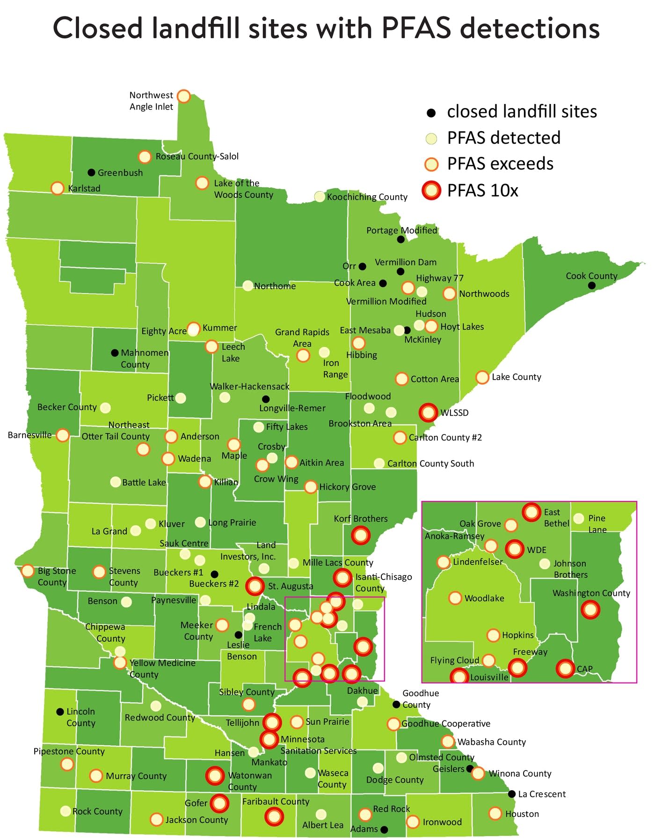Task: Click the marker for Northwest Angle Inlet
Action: coord(184,96)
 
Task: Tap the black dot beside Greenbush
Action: coord(92,173)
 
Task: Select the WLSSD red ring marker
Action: coord(428,412)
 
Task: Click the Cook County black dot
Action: coord(592,286)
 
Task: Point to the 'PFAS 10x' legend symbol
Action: coord(431,191)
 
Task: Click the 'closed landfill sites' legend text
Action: coord(522,111)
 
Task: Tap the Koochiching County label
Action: coord(367,197)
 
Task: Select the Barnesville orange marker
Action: coord(63,435)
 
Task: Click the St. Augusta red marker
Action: coord(255,586)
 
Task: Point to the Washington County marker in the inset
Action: coord(590,610)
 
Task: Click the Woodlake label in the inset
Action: coord(484,598)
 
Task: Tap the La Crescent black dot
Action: coord(512,794)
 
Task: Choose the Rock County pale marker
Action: coord(66,811)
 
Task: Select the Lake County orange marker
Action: coord(482,377)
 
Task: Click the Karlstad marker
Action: coord(57,188)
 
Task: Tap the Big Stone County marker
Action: coord(28,571)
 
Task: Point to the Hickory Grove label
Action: coord(347,487)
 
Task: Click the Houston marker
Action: coord(495,814)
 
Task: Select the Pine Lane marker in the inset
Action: coord(579,518)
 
